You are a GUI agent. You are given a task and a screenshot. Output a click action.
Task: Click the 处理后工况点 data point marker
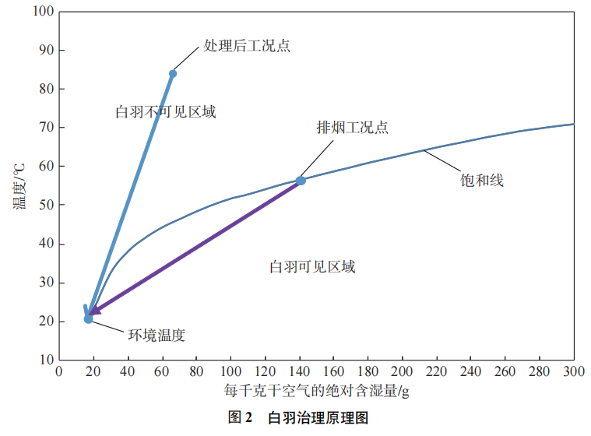click(x=173, y=74)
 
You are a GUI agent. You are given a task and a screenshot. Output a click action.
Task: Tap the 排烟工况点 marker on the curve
click(x=301, y=181)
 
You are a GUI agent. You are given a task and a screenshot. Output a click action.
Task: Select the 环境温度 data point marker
click(x=89, y=318)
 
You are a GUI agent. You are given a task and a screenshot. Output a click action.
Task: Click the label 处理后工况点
click(x=247, y=45)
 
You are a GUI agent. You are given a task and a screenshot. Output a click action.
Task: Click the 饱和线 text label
click(x=482, y=181)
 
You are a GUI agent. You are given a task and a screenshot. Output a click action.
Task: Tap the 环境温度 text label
click(x=157, y=336)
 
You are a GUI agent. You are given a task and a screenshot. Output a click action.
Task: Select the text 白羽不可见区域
click(x=165, y=112)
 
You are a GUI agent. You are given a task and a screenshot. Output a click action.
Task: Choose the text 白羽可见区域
click(x=312, y=267)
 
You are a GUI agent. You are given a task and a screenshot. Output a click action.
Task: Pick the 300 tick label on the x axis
click(x=574, y=372)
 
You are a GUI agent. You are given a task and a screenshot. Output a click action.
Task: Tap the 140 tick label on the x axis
click(x=299, y=372)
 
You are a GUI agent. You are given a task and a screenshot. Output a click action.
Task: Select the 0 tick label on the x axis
click(x=58, y=372)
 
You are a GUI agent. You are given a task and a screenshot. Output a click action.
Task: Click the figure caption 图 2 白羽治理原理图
click(x=297, y=417)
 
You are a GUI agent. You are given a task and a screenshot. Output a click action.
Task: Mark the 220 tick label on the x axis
click(x=436, y=372)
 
